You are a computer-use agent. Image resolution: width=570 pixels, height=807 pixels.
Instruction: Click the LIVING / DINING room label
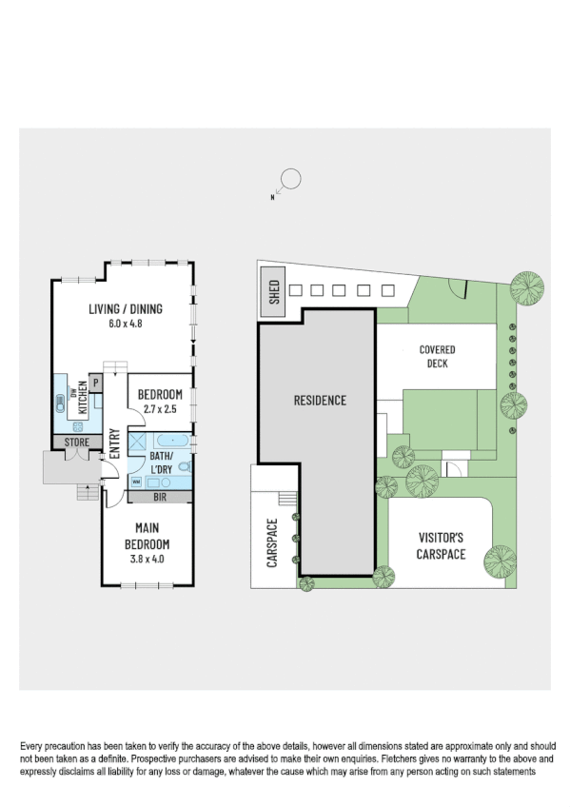point(125,308)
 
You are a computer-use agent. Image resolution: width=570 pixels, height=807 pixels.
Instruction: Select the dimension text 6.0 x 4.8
point(125,323)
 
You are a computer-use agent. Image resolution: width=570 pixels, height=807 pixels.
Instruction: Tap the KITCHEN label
point(83,394)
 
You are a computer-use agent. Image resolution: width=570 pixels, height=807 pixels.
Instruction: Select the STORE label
point(76,443)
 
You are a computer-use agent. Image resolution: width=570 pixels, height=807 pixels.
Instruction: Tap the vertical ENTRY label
point(114,443)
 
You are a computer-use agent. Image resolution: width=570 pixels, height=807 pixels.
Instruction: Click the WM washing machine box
point(136,482)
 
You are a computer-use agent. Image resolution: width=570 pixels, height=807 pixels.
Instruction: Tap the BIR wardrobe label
point(159,496)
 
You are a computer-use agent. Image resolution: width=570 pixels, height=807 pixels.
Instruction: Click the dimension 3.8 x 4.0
point(147,559)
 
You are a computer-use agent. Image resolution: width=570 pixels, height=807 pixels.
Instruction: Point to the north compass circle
point(291,179)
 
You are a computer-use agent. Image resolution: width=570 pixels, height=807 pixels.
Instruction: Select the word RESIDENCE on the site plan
point(319,401)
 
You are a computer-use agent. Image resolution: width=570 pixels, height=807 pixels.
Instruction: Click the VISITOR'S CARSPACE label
point(441,545)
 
